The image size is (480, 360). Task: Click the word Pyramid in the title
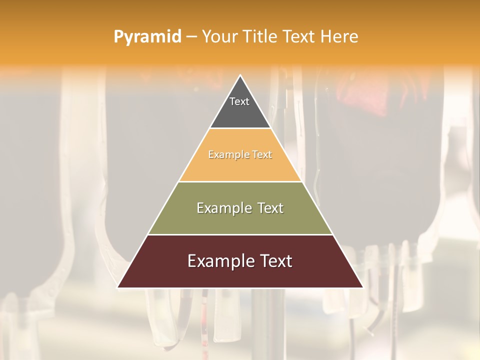pyautogui.click(x=147, y=37)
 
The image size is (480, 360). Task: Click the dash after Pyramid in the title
pyautogui.click(x=191, y=37)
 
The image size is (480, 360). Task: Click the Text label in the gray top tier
pyautogui.click(x=239, y=101)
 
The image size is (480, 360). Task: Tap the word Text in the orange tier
pyautogui.click(x=262, y=155)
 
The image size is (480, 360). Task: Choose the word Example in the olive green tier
pyautogui.click(x=222, y=208)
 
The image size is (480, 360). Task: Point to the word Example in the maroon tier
pyautogui.click(x=218, y=261)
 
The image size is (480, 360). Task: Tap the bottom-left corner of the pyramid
pyautogui.click(x=118, y=287)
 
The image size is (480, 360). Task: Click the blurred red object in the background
pyautogui.click(x=365, y=95)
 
